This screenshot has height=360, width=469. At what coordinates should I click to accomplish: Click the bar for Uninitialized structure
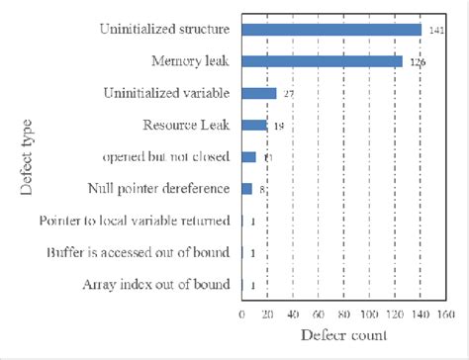[331, 30]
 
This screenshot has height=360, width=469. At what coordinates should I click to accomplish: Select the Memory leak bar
[322, 61]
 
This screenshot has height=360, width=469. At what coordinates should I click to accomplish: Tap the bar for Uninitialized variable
[259, 93]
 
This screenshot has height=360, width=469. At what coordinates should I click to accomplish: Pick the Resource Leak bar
[254, 125]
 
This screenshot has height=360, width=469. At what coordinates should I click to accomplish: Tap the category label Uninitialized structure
[163, 30]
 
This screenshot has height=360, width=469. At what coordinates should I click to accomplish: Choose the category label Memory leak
[190, 61]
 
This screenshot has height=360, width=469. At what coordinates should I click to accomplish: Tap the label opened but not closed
[165, 156]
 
